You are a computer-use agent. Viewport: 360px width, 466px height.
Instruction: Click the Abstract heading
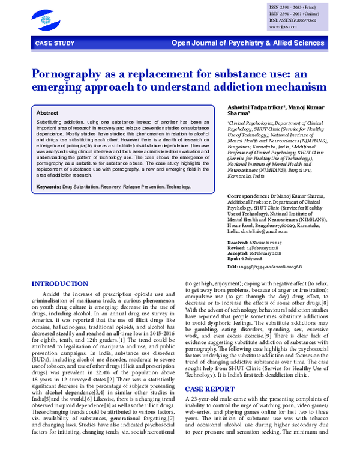[47, 113]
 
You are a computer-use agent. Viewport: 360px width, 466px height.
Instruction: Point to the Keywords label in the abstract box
[48, 187]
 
